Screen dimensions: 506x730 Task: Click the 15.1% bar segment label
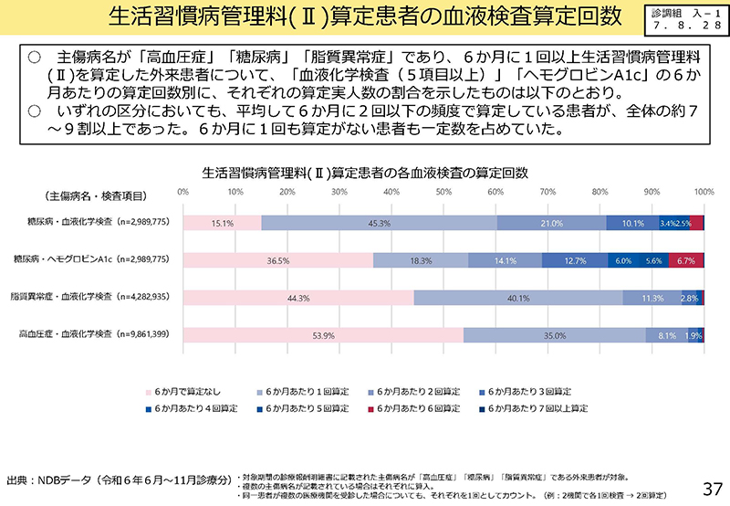tap(223, 223)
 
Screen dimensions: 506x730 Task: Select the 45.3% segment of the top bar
tap(380, 223)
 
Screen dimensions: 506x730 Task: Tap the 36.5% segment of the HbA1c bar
tap(278, 260)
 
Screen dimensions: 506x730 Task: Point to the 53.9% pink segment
tap(324, 335)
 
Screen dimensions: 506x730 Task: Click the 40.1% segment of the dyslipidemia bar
tap(519, 298)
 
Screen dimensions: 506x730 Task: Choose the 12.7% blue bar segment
tap(575, 260)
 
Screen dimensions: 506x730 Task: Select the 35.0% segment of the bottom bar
tap(555, 335)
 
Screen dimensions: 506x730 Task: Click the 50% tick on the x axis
tap(443, 192)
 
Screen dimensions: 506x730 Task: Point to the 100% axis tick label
tap(704, 192)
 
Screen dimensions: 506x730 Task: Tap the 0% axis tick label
tap(183, 192)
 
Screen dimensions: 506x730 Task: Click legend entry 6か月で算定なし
tap(193, 389)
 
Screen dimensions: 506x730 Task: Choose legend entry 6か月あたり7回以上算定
tap(537, 407)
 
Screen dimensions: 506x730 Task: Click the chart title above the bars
tap(364, 171)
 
